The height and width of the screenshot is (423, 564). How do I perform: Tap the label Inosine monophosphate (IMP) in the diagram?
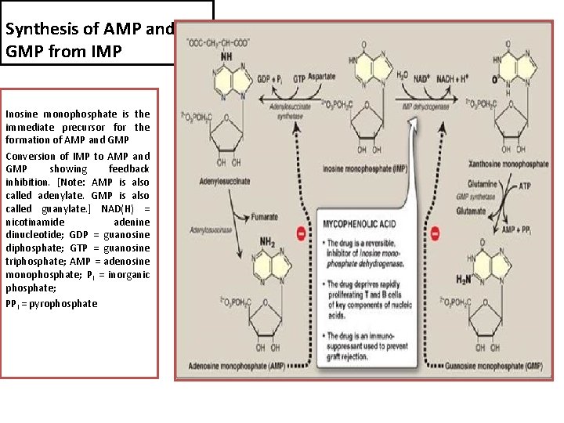365,168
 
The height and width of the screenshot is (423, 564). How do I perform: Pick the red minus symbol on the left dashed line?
301,233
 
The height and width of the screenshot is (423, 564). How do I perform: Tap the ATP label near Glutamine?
526,186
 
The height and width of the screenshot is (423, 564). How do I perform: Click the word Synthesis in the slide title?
36,30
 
